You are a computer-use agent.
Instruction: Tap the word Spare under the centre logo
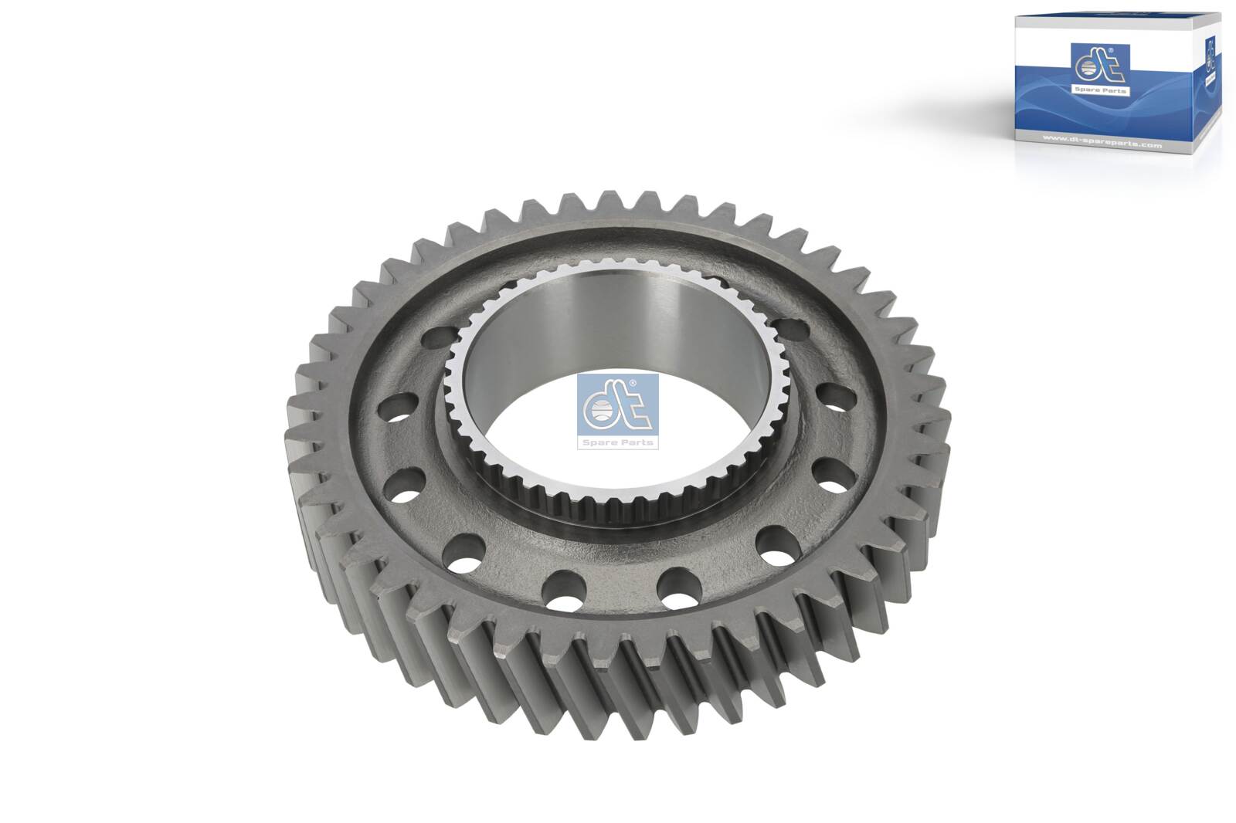tap(603, 442)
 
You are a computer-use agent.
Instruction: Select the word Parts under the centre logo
tap(637, 442)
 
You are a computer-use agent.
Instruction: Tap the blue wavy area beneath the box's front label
tap(1081, 116)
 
